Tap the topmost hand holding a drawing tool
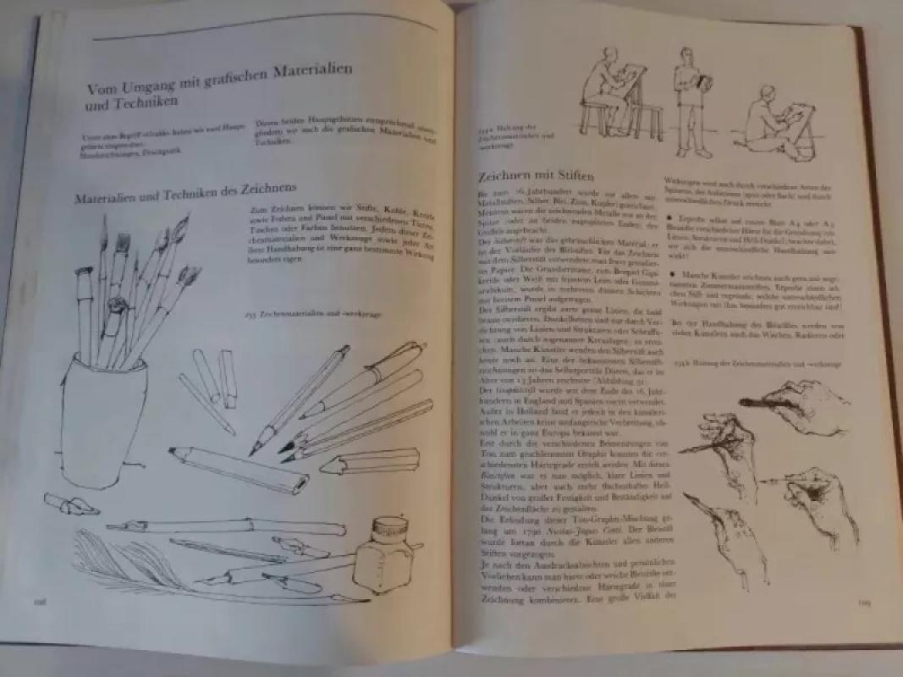click(791, 406)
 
